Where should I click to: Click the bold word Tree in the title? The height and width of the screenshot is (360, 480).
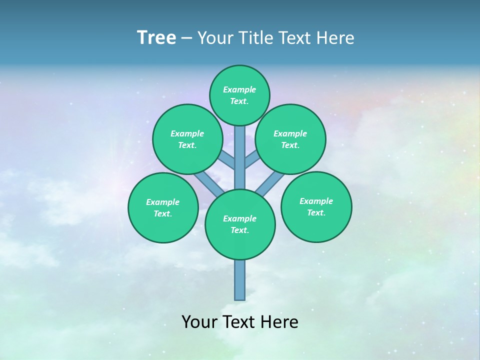pos(156,37)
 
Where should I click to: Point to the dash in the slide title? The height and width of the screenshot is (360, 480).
pos(187,38)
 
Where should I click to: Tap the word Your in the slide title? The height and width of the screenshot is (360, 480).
pos(215,38)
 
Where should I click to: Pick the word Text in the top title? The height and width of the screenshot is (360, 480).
pos(295,38)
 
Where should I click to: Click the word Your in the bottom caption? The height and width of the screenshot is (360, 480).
pos(199,322)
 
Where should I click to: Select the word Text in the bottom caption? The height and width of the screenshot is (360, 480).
pos(240,322)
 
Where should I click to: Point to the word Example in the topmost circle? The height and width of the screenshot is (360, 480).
pos(239,89)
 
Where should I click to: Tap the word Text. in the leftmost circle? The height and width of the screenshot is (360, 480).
pos(162,214)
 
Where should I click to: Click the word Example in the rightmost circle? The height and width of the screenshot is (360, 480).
pos(316,201)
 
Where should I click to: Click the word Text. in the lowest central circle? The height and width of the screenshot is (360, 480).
pos(239,230)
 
